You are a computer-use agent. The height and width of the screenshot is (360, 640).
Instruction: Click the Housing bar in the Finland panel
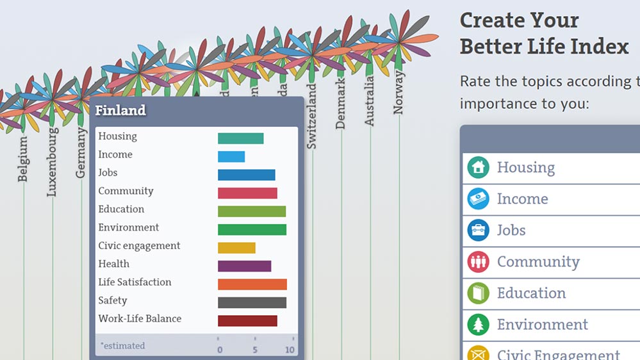click(240, 138)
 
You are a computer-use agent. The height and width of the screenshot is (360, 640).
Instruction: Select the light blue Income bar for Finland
click(231, 156)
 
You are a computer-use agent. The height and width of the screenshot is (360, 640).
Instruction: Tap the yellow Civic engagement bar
click(236, 248)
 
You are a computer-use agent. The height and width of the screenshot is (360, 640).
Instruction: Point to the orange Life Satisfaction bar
click(252, 284)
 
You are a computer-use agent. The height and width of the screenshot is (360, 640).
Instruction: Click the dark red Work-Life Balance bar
click(247, 321)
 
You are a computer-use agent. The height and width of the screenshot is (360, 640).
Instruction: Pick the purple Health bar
click(244, 266)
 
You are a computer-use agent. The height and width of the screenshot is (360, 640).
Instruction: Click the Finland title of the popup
click(120, 110)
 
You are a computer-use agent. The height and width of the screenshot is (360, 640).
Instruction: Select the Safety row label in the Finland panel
click(113, 300)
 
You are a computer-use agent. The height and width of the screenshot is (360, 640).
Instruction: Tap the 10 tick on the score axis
click(290, 350)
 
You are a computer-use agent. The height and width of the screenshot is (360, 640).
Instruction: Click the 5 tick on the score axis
click(255, 350)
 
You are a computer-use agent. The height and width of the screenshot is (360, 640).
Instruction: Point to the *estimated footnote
click(122, 346)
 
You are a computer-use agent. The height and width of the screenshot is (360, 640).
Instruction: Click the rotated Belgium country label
click(23, 158)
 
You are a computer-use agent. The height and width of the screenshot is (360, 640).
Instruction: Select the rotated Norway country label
click(399, 92)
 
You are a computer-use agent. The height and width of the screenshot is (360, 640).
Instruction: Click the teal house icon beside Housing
click(478, 168)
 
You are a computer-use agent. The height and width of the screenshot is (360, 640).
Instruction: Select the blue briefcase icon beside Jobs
click(478, 230)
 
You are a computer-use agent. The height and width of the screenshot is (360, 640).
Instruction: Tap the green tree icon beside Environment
click(478, 324)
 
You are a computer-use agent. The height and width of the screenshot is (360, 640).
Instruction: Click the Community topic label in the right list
click(538, 261)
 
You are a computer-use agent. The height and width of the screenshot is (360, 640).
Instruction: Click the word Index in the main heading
click(598, 46)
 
